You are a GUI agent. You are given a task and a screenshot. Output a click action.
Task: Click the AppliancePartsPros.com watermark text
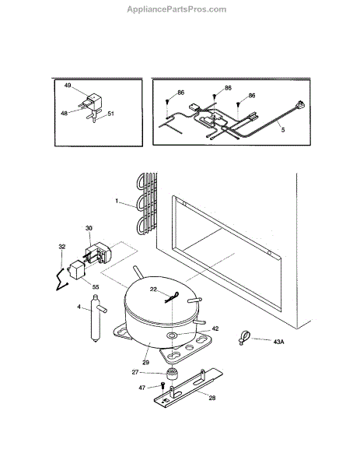177,9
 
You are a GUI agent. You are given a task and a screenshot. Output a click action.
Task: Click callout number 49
68,86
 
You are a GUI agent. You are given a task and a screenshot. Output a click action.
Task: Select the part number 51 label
110,114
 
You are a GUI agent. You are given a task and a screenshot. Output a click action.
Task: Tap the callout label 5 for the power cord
283,130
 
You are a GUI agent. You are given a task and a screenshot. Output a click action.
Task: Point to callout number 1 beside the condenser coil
117,201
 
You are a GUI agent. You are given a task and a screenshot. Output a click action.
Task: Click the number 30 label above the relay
89,228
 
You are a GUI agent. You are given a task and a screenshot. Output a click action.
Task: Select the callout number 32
62,247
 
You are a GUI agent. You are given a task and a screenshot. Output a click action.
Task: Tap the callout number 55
96,287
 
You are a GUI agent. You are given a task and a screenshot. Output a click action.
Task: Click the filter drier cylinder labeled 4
96,318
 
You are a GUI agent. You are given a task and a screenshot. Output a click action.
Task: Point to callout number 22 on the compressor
153,290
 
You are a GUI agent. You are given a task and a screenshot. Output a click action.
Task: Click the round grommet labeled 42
172,335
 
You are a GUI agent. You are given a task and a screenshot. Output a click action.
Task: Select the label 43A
278,342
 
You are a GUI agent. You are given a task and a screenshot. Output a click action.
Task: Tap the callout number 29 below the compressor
145,363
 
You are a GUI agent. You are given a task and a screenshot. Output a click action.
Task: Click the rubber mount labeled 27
172,374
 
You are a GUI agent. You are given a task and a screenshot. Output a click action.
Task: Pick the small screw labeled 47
163,385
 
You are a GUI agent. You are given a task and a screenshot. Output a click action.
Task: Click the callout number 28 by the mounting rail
211,398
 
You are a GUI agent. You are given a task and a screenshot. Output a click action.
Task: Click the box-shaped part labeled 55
77,269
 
